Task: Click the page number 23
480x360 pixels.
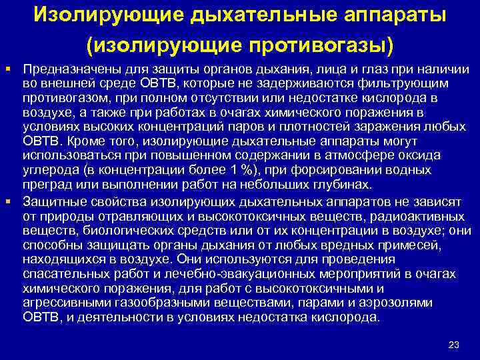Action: tap(454, 344)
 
